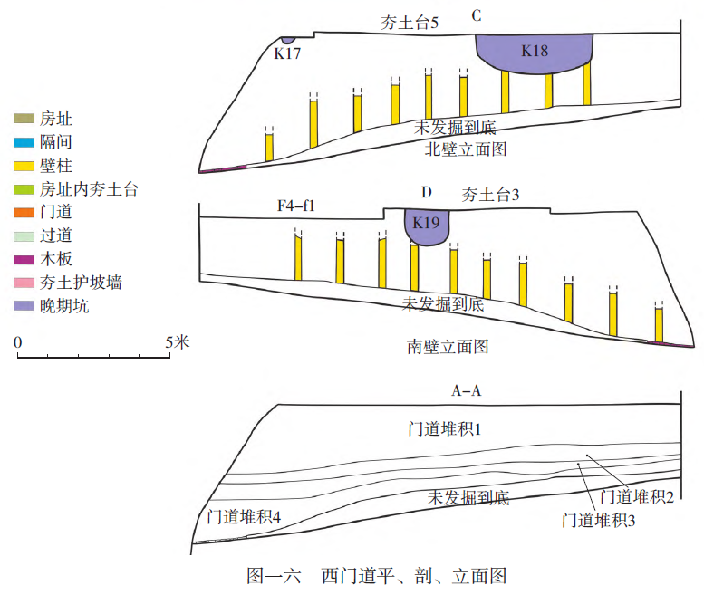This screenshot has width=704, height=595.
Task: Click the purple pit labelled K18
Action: [x=535, y=54]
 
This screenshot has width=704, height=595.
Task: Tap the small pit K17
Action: [x=287, y=41]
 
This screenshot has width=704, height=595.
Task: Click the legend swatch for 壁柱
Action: [x=23, y=166]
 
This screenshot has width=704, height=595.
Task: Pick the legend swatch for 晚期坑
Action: [x=23, y=307]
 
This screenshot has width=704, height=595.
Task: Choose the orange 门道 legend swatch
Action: [x=23, y=213]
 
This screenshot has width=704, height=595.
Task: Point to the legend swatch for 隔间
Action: [x=23, y=142]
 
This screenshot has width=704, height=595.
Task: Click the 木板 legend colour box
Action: [x=23, y=260]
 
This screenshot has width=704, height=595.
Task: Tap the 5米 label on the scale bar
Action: [x=176, y=342]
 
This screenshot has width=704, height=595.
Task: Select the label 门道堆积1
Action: [x=443, y=428]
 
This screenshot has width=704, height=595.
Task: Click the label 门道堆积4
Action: [x=243, y=516]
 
